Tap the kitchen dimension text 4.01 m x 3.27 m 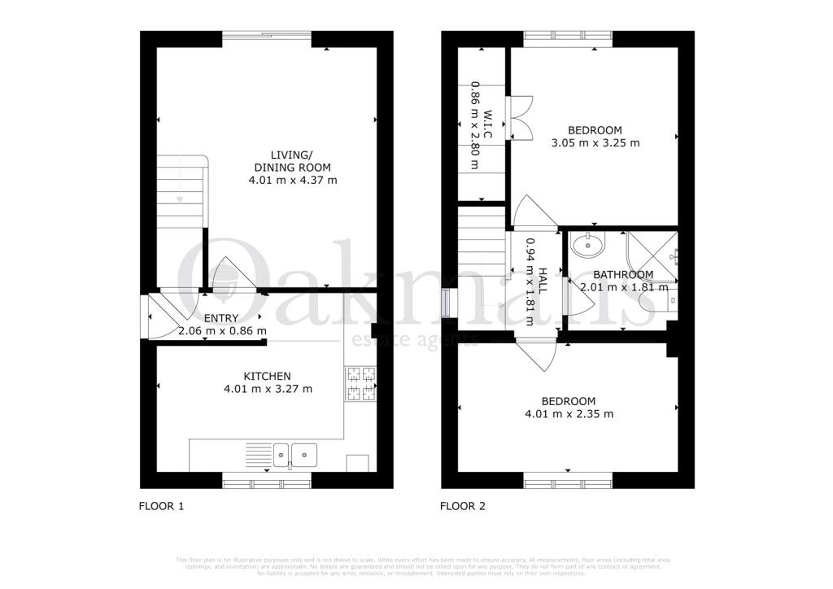[268, 390]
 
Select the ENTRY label [221, 318]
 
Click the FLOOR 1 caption [161, 506]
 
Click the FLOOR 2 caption [462, 506]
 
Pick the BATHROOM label [622, 275]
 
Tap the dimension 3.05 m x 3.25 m [595, 143]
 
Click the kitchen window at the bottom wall [267, 483]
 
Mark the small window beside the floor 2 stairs [444, 303]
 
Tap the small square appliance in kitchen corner [357, 462]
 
